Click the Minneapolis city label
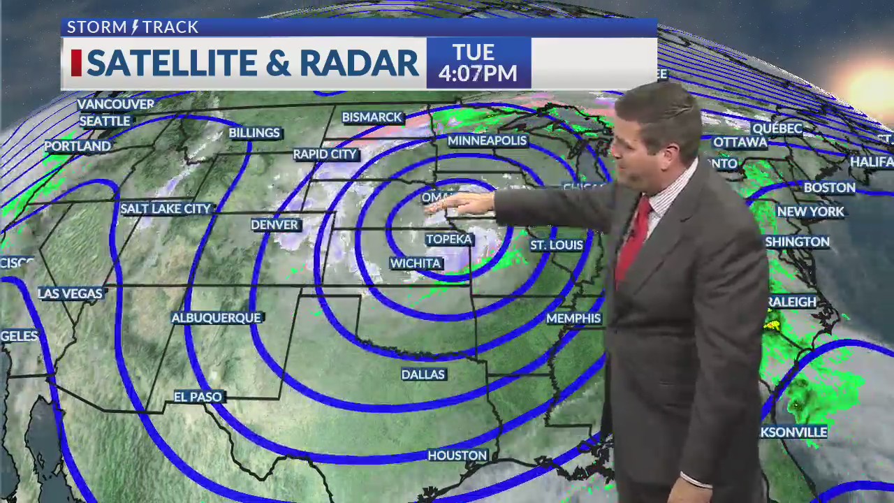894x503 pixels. click(x=487, y=140)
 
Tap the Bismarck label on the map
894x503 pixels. click(x=372, y=117)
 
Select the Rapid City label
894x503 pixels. click(x=325, y=154)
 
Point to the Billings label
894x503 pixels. click(x=254, y=133)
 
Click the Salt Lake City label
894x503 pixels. click(x=166, y=209)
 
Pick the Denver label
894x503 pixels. click(x=275, y=225)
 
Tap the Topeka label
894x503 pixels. click(x=449, y=240)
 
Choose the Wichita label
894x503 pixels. click(x=416, y=263)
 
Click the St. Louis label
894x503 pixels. click(x=556, y=245)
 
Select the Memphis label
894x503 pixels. click(x=573, y=319)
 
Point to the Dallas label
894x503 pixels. click(x=423, y=375)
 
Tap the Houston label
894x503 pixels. click(x=457, y=455)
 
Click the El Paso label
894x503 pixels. click(x=198, y=397)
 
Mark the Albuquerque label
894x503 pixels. click(x=217, y=318)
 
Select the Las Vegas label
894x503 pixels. click(x=71, y=293)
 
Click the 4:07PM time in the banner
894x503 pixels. click(x=478, y=73)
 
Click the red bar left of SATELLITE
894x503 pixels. click(x=76, y=63)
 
